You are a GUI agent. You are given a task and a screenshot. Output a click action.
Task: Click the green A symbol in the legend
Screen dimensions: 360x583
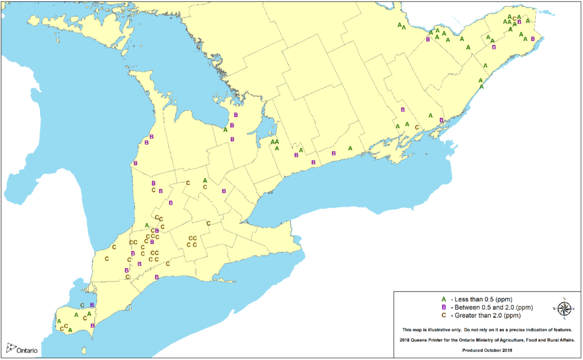443,299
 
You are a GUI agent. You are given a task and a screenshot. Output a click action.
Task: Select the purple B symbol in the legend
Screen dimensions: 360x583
443,307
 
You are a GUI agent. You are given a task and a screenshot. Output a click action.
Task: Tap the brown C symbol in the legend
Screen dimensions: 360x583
443,315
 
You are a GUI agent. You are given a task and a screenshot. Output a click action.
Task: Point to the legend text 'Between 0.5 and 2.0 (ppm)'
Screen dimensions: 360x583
490,307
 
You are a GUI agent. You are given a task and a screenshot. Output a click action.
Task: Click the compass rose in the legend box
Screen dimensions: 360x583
564,308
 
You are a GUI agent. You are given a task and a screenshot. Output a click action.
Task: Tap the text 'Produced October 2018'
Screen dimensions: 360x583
488,349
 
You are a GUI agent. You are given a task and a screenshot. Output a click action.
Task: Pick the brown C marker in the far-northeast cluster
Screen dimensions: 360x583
515,19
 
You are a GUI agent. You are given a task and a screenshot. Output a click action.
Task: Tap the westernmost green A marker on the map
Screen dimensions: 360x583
59,321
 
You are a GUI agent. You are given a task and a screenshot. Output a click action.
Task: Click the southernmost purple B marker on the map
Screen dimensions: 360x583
92,325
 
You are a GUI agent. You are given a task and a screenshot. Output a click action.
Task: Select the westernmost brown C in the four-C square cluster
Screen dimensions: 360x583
188,245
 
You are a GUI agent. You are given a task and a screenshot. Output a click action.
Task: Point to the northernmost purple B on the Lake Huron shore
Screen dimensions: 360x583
152,136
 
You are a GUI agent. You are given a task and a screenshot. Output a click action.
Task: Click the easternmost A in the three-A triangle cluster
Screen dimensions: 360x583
277,141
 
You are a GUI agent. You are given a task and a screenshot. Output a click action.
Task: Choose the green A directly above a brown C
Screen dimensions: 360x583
205,181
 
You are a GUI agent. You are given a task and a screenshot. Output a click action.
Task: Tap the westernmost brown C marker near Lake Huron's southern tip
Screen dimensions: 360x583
106,259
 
